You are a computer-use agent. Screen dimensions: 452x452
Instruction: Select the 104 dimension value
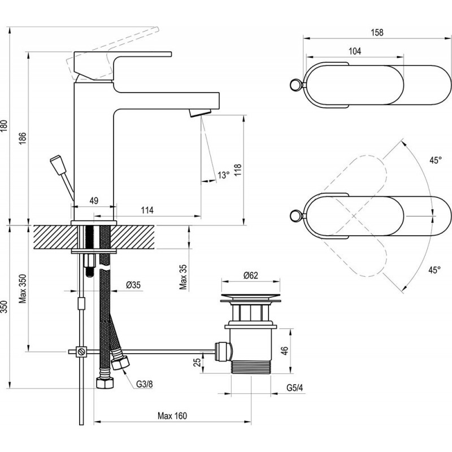click(355, 51)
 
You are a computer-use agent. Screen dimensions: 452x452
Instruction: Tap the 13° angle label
click(224, 175)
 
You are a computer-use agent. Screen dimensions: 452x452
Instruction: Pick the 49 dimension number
click(94, 200)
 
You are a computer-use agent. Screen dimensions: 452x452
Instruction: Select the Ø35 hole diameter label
click(133, 284)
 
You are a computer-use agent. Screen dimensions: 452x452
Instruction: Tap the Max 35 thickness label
click(183, 275)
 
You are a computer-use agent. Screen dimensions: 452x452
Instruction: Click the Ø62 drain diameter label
click(251, 275)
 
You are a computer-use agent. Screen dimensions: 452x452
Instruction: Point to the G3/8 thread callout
click(144, 384)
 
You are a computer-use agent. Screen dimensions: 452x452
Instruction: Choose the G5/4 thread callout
click(294, 388)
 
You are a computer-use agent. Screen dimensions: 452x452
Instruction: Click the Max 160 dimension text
click(172, 416)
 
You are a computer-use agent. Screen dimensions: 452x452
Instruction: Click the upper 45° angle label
click(433, 160)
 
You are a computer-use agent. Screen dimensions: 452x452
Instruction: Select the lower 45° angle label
click(433, 270)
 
